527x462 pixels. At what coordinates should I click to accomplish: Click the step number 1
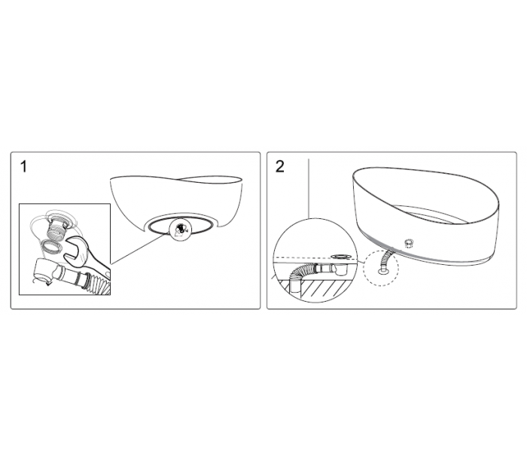[23, 166]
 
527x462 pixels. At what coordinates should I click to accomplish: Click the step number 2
[279, 166]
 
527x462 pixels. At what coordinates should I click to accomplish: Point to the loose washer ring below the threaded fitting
[51, 248]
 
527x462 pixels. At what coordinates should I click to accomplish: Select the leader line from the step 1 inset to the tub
[140, 248]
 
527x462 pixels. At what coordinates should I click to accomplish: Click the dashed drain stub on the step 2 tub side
[409, 242]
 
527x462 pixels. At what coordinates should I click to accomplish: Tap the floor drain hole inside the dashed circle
[383, 270]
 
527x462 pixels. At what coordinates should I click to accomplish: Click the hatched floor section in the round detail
[319, 287]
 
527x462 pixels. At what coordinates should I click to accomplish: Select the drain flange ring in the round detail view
[342, 257]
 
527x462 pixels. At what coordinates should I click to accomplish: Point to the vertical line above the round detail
[309, 189]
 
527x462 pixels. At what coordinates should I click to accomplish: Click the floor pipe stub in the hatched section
[294, 285]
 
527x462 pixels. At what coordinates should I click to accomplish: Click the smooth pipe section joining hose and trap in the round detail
[323, 268]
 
